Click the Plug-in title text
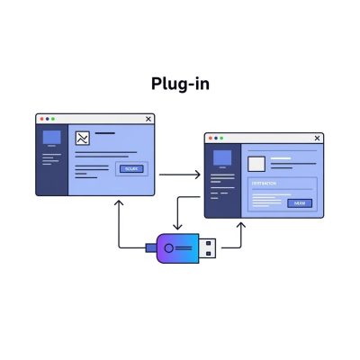(180, 84)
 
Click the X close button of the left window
(148, 119)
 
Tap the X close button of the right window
(317, 139)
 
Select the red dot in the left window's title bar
(40, 119)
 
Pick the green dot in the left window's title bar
(53, 119)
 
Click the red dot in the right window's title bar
(210, 139)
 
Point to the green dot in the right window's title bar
(222, 139)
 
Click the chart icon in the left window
(82, 139)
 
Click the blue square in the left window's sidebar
(51, 138)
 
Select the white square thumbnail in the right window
(256, 164)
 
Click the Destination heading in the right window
(265, 183)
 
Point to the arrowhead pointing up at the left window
(118, 202)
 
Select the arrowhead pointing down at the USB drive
(175, 227)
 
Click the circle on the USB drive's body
(169, 247)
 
